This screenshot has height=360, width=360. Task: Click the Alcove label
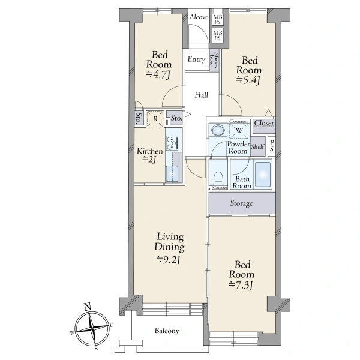point(199,17)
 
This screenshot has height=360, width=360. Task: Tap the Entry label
point(196,59)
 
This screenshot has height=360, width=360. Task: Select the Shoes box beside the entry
point(214,60)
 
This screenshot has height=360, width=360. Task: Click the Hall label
point(202,95)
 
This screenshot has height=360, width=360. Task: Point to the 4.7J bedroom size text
point(158,74)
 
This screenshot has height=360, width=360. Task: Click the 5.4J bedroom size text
point(248,80)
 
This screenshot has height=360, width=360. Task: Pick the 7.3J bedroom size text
point(241,285)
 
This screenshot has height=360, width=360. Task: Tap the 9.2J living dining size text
point(169,260)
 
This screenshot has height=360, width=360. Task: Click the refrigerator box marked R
point(155,119)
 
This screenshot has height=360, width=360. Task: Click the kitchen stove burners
point(172,143)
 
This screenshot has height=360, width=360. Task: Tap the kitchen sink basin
point(172,173)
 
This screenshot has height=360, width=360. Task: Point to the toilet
point(218,179)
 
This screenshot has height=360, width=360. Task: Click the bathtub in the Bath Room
point(263,174)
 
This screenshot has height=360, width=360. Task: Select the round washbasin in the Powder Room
point(218,130)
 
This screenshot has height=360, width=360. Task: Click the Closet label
point(264,123)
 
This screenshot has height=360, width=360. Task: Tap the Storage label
point(242,203)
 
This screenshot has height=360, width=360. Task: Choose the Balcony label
point(167,331)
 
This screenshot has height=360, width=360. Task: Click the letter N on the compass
point(87,307)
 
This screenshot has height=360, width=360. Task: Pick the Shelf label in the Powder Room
point(257,146)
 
